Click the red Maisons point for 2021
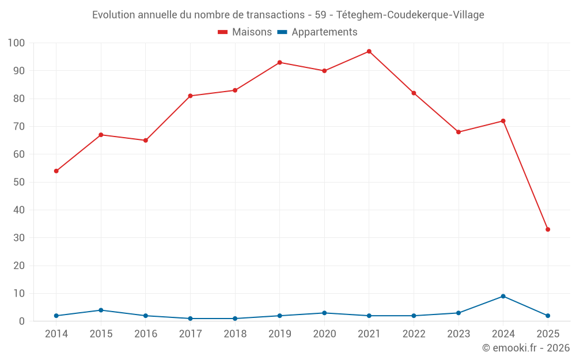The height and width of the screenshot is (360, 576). tap(369, 51)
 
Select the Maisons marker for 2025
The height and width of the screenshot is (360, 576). tap(548, 229)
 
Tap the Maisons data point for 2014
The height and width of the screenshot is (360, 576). tap(56, 171)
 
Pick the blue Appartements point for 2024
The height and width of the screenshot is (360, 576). tap(503, 296)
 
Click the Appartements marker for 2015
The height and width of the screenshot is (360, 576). tap(101, 310)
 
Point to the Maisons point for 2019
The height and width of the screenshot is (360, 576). tap(279, 62)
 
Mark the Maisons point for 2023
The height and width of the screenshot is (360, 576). tap(458, 132)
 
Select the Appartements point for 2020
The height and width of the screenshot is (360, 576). tap(324, 313)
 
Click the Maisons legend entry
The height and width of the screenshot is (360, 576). tap(245, 32)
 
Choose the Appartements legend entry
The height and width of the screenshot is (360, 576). tap(317, 32)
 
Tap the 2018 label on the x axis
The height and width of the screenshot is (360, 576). tap(235, 334)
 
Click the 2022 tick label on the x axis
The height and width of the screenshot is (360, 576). tap(414, 334)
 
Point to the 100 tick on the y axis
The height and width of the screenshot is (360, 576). tap(16, 43)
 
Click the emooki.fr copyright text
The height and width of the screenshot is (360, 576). tap(526, 348)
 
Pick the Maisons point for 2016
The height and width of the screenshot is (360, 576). tap(145, 140)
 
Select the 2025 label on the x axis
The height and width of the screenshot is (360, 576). tap(548, 334)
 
